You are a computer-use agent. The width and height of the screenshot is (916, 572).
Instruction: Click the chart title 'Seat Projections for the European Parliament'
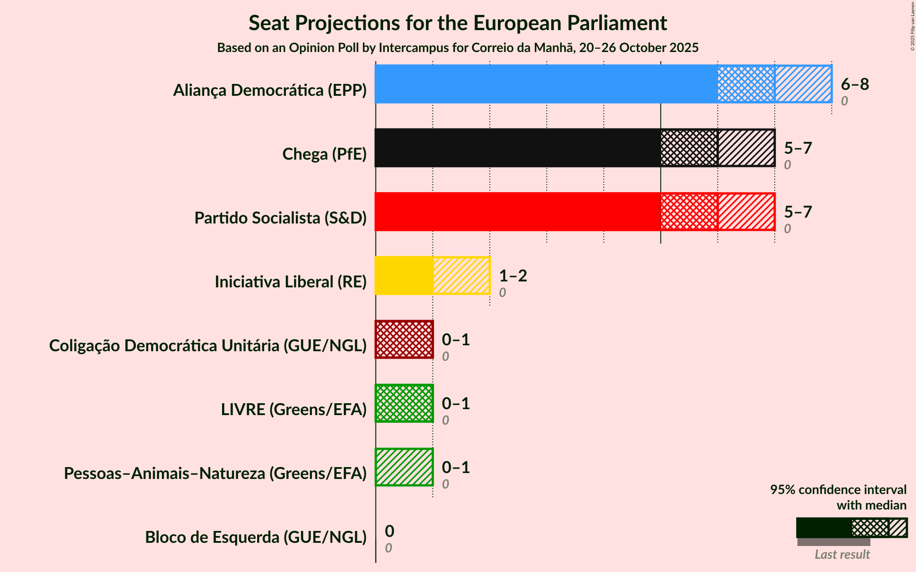[458, 23]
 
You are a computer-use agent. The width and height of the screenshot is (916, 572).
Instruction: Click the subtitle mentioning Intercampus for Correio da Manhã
[458, 48]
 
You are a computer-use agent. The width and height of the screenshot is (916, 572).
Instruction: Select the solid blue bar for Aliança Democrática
[546, 84]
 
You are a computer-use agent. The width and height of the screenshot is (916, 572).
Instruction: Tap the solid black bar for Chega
[518, 148]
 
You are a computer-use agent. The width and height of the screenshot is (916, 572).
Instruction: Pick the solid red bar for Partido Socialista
[518, 212]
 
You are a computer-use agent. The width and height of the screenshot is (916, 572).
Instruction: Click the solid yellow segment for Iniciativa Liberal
[404, 276]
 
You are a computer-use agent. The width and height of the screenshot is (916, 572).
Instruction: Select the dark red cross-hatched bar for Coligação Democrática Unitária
[404, 339]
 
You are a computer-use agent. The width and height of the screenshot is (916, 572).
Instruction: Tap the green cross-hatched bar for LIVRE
[404, 403]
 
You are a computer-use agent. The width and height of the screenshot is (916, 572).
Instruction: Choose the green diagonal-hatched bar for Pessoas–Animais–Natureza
[404, 467]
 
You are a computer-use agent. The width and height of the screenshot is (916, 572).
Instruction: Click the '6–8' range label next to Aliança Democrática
[855, 84]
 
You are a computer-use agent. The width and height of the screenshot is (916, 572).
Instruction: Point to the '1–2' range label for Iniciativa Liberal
[513, 276]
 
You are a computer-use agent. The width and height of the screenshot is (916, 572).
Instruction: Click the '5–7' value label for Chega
[798, 148]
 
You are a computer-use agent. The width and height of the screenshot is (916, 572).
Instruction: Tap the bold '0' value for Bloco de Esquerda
[389, 531]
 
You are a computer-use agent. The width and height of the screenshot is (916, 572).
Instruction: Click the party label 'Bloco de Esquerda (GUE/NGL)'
[256, 537]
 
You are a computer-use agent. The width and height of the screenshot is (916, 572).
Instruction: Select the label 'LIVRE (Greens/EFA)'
[294, 410]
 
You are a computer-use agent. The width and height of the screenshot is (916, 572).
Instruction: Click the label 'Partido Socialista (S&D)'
[280, 218]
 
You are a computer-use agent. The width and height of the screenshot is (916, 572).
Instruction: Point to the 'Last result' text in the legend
[842, 555]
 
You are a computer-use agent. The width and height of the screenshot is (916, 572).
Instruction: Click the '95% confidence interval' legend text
[838, 490]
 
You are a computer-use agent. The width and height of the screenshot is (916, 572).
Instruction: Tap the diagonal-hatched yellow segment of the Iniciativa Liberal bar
[461, 276]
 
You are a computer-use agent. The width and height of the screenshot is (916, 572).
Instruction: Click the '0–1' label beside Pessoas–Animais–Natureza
[456, 468]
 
